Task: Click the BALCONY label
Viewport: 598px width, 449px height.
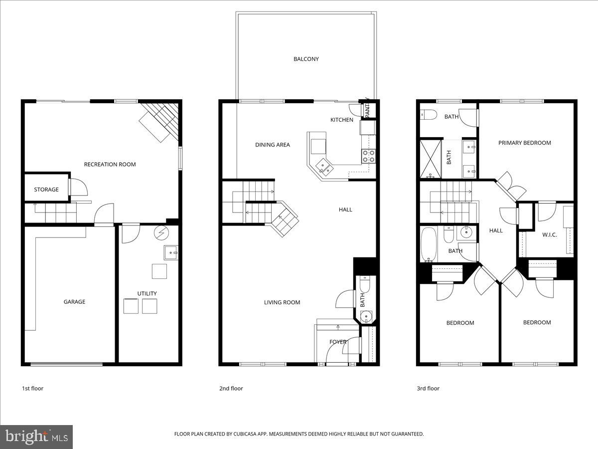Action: pyautogui.click(x=306, y=59)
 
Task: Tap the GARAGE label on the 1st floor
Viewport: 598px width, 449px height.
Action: pyautogui.click(x=74, y=302)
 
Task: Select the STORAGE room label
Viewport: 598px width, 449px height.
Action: pyautogui.click(x=46, y=190)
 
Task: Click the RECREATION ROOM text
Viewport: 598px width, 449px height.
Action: pyautogui.click(x=110, y=164)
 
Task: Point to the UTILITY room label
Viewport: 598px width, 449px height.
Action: pyautogui.click(x=147, y=293)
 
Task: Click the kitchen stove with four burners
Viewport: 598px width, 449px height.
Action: pyautogui.click(x=368, y=156)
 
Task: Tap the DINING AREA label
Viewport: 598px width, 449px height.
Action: pyautogui.click(x=273, y=145)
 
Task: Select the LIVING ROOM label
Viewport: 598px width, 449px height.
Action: pyautogui.click(x=282, y=302)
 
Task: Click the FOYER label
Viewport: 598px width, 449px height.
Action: pyautogui.click(x=338, y=342)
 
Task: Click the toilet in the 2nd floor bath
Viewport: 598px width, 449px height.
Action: pyautogui.click(x=364, y=284)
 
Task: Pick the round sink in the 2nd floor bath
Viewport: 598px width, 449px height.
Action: pyautogui.click(x=366, y=316)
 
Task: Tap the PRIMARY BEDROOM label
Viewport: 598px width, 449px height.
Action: pyautogui.click(x=525, y=143)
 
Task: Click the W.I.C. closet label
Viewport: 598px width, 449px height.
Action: pyautogui.click(x=550, y=234)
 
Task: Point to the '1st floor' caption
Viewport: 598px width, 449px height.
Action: pyautogui.click(x=32, y=388)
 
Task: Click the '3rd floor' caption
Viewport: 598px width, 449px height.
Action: pyautogui.click(x=428, y=388)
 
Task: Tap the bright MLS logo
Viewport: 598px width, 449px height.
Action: pyautogui.click(x=36, y=437)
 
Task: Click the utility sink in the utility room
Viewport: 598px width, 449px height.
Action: pyautogui.click(x=171, y=253)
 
